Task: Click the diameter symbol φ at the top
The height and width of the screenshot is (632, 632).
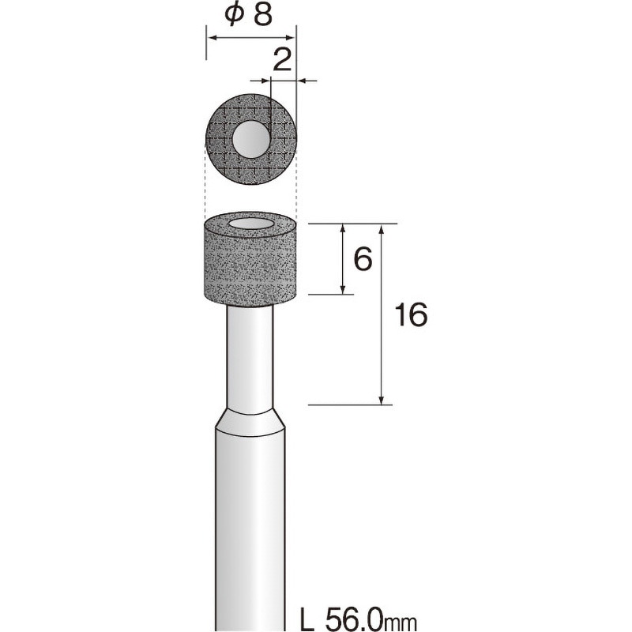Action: tap(235, 15)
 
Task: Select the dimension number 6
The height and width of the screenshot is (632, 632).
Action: tap(363, 259)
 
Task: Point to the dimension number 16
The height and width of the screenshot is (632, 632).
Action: tap(410, 314)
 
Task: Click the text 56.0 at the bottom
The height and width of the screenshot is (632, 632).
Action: tap(353, 619)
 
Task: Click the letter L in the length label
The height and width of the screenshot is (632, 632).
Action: tap(307, 619)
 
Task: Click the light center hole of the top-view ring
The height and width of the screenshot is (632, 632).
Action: tap(251, 139)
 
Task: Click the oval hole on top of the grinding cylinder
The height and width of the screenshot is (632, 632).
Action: tap(250, 224)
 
